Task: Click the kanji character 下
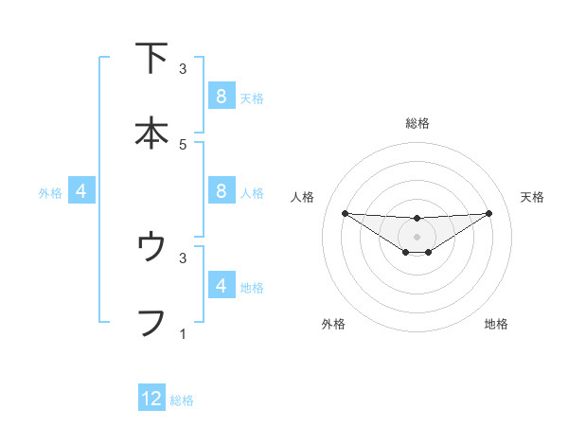coord(151,58)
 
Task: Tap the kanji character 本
coord(151,133)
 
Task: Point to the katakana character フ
coord(151,322)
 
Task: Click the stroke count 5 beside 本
coord(183,144)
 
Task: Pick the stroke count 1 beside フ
coord(183,333)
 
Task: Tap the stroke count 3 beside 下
coord(183,68)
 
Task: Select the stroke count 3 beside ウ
coord(183,257)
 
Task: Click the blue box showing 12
coord(151,399)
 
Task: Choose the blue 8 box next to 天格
coord(221,96)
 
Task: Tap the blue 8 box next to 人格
coord(221,190)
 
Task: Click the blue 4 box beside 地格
coord(221,285)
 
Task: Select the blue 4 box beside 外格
coord(81,190)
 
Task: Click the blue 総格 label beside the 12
coord(182,400)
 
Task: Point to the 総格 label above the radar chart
coord(417,123)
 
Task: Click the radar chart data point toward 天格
coord(488,213)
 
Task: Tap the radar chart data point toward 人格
coord(345,213)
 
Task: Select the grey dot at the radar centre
coord(417,237)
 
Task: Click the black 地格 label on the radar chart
coord(496,324)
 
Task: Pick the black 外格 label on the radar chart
coord(333,324)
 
